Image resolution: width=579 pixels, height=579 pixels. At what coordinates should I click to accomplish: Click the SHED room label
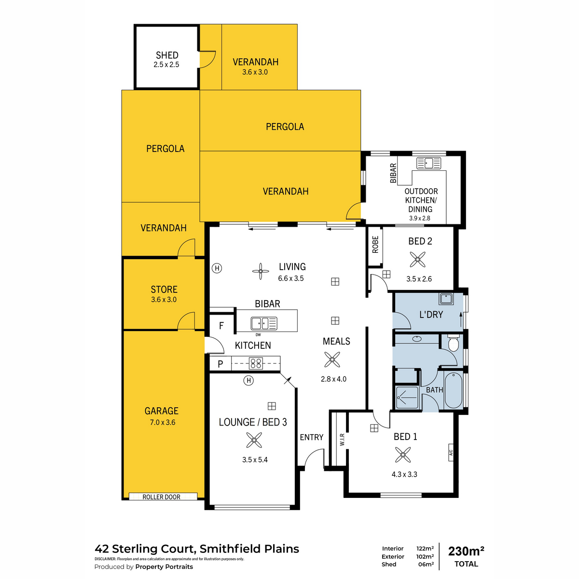[x=167, y=55]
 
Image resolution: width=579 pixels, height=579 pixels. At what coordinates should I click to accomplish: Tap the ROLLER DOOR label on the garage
[x=161, y=497]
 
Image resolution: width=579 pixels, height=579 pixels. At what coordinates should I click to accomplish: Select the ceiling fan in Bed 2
[x=417, y=260]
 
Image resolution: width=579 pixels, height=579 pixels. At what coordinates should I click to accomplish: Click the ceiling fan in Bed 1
[x=402, y=455]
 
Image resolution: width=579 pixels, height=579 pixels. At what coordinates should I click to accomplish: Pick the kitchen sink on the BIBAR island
[x=264, y=324]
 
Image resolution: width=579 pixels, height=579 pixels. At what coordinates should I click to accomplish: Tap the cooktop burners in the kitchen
[x=256, y=364]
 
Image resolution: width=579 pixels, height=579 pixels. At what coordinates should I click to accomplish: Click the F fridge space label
[x=221, y=326]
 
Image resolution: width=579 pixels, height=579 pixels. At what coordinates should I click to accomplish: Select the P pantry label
[x=220, y=364]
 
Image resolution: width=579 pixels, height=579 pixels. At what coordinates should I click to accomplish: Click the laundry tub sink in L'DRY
[x=446, y=299]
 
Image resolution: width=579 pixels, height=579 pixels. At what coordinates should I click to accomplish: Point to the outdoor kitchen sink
[x=428, y=163]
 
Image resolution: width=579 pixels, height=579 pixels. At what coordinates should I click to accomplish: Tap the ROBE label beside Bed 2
[x=375, y=245]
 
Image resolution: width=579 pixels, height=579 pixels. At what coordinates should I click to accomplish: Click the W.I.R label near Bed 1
[x=342, y=439]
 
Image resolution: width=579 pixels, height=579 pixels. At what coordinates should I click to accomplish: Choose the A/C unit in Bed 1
[x=451, y=452]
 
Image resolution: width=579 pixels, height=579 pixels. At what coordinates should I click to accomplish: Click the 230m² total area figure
[x=466, y=551]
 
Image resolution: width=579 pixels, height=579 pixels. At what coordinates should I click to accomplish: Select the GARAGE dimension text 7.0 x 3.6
[x=163, y=423]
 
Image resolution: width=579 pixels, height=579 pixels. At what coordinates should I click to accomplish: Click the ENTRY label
[x=312, y=437]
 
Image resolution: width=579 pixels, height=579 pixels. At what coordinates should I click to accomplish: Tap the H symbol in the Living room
[x=217, y=268]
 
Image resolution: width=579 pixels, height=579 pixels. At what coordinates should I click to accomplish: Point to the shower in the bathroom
[x=407, y=398]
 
